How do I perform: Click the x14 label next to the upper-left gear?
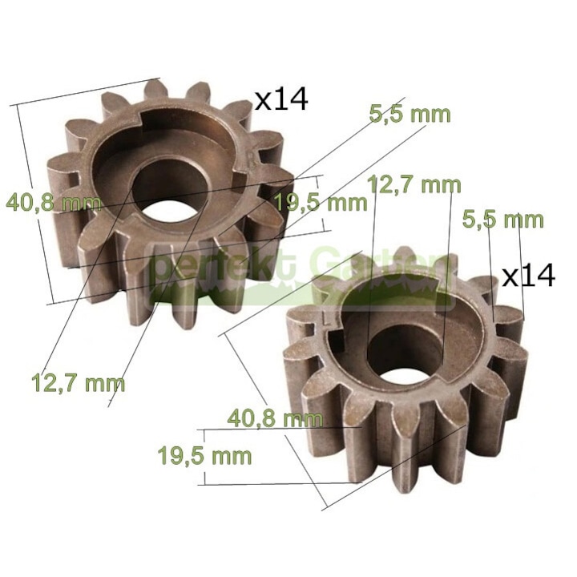click(280, 99)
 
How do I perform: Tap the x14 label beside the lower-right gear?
click(528, 276)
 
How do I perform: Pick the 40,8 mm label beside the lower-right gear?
click(275, 418)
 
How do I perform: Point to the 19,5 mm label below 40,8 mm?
click(204, 456)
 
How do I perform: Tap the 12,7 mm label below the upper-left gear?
click(78, 381)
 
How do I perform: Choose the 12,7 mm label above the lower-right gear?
click(414, 184)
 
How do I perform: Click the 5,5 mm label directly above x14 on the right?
click(503, 218)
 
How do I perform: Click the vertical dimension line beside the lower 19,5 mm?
click(205, 457)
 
